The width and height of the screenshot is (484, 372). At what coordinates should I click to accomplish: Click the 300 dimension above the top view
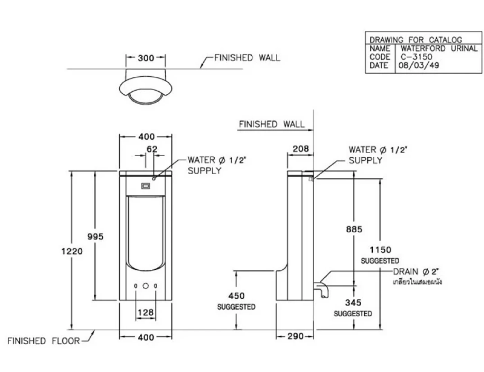pyautogui.click(x=146, y=58)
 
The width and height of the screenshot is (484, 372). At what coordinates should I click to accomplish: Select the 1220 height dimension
pyautogui.click(x=72, y=251)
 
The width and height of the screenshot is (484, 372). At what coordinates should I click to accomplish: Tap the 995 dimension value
pyautogui.click(x=95, y=236)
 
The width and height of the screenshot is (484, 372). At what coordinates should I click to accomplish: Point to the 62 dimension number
pyautogui.click(x=152, y=149)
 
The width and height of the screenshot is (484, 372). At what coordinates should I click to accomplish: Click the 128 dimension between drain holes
pyautogui.click(x=146, y=313)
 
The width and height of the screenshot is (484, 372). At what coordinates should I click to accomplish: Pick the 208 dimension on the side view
pyautogui.click(x=300, y=149)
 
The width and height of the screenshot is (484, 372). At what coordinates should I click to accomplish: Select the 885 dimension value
pyautogui.click(x=354, y=229)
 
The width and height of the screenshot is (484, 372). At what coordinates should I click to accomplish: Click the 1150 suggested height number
pyautogui.click(x=380, y=250)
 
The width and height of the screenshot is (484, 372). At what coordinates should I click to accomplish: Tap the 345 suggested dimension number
pyautogui.click(x=353, y=303)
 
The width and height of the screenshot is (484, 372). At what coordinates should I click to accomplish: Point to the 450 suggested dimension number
pyautogui.click(x=236, y=296)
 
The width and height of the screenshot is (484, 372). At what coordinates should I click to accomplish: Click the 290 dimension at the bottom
pyautogui.click(x=295, y=336)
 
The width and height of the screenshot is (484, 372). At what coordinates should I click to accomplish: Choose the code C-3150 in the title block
pyautogui.click(x=416, y=57)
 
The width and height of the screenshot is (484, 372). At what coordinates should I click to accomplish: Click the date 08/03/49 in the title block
pyautogui.click(x=419, y=65)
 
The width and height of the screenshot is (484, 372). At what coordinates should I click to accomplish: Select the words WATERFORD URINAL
pyautogui.click(x=439, y=48)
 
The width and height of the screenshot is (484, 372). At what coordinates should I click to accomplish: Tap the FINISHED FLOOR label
pyautogui.click(x=44, y=341)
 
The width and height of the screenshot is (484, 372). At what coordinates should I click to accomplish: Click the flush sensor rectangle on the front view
pyautogui.click(x=146, y=186)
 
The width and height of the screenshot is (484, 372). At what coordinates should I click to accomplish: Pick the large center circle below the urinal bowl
pyautogui.click(x=146, y=286)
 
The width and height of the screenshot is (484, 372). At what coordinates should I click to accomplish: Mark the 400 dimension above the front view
pyautogui.click(x=146, y=137)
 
